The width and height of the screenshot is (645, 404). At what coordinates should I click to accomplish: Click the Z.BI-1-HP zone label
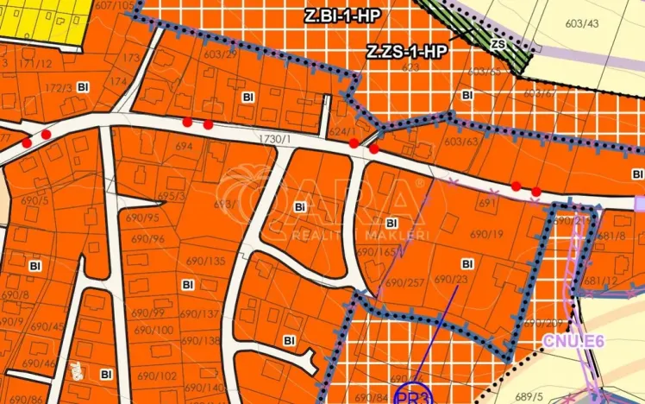pyautogui.click(x=342, y=16)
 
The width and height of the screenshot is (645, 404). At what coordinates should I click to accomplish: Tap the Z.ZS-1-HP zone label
pyautogui.click(x=407, y=52)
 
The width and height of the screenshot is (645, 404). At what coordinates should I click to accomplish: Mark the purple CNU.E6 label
pyautogui.click(x=574, y=341)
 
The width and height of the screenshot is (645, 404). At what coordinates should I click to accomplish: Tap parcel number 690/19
pyautogui.click(x=486, y=234)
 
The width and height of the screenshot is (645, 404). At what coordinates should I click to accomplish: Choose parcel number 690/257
pyautogui.click(x=404, y=282)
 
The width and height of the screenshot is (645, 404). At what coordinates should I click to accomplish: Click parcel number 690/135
pyautogui.click(x=205, y=261)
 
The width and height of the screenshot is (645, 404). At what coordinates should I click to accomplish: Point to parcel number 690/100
pyautogui.click(x=153, y=330)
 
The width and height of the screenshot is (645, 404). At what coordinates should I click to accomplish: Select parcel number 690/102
pyautogui.click(x=157, y=376)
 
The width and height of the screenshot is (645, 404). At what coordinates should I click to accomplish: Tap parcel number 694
pyautogui.click(x=183, y=148)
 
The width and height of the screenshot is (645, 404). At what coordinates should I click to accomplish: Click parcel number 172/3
pyautogui.click(x=59, y=87)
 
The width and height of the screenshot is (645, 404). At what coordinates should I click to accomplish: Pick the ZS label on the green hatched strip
pyautogui.click(x=498, y=43)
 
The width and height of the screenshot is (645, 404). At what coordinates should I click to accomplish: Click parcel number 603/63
pyautogui.click(x=461, y=142)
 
